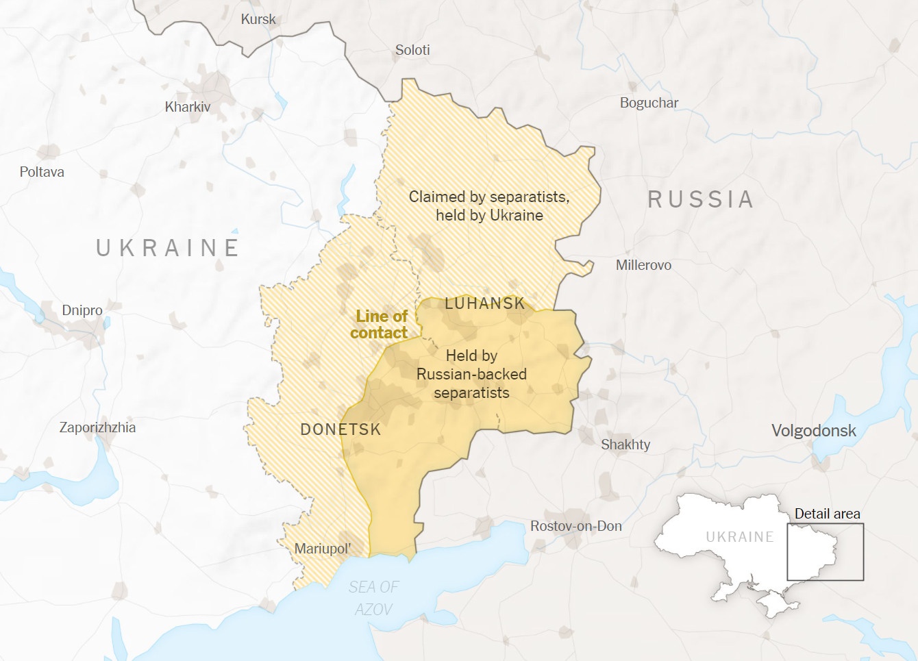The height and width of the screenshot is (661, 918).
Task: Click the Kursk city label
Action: pyautogui.click(x=258, y=19)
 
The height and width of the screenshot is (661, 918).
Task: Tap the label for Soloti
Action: pyautogui.click(x=412, y=50)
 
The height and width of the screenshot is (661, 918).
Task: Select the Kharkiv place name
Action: pyautogui.click(x=188, y=107)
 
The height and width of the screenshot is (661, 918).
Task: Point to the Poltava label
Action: pyautogui.click(x=42, y=172)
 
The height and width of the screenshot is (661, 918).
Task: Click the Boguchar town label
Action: pyautogui.click(x=649, y=103)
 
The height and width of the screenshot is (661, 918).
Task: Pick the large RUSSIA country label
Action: pyautogui.click(x=700, y=199)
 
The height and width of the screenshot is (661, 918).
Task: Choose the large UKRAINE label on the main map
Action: pyautogui.click(x=168, y=247)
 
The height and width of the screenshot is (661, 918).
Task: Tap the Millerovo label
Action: pyautogui.click(x=643, y=265)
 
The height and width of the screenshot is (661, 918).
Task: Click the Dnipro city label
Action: pyautogui.click(x=82, y=310)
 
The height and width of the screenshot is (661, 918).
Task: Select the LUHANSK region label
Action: pyautogui.click(x=484, y=303)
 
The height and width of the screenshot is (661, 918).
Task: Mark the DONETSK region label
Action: pyautogui.click(x=340, y=429)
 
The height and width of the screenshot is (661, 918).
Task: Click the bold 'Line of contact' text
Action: pyautogui.click(x=380, y=325)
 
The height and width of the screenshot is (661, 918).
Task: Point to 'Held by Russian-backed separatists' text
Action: pyautogui.click(x=471, y=374)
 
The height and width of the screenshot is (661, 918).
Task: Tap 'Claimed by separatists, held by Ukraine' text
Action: pyautogui.click(x=489, y=205)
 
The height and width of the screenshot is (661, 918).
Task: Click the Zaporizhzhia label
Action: pyautogui.click(x=97, y=427)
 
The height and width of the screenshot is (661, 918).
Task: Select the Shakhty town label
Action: pyautogui.click(x=625, y=445)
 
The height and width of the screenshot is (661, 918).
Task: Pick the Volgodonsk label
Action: pyautogui.click(x=814, y=431)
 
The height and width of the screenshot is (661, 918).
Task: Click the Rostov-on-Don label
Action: pyautogui.click(x=576, y=526)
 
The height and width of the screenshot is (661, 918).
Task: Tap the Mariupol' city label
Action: pyautogui.click(x=323, y=549)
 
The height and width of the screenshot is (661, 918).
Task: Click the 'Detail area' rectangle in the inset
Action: pyautogui.click(x=825, y=552)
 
